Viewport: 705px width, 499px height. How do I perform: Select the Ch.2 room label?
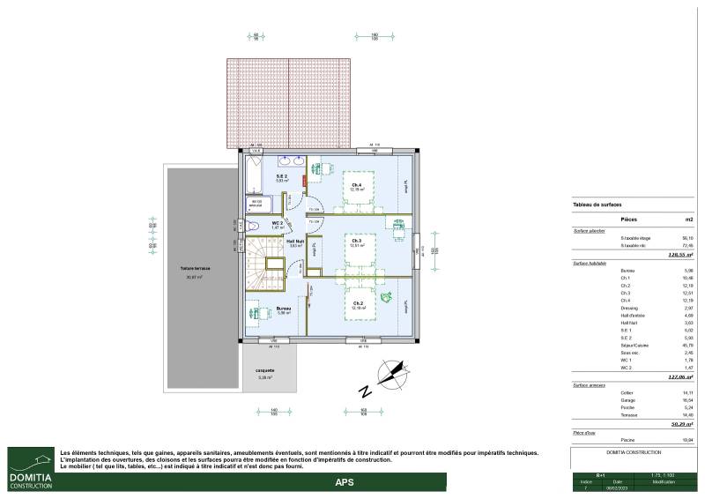357,305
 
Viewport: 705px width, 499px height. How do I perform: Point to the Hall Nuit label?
295,242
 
